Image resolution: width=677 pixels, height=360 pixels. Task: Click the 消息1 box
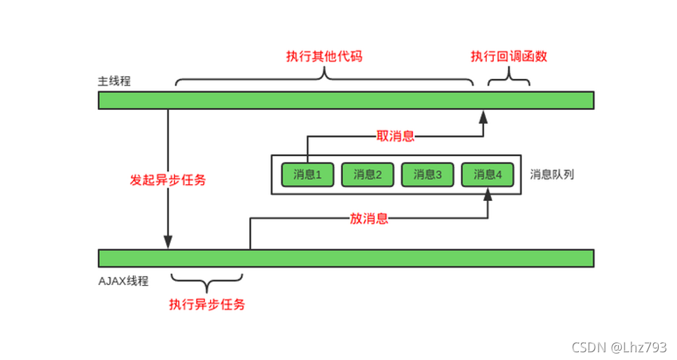click(306, 175)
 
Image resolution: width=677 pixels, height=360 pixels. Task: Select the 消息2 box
click(367, 175)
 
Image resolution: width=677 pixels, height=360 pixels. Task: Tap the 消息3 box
click(427, 175)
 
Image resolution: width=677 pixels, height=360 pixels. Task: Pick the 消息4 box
click(487, 175)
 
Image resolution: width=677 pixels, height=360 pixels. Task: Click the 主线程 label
click(114, 81)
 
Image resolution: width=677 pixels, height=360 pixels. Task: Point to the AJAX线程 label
click(123, 281)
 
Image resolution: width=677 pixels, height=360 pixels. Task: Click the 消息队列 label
click(552, 174)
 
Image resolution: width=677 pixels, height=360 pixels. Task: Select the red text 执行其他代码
click(324, 57)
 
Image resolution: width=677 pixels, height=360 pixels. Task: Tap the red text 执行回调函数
click(509, 57)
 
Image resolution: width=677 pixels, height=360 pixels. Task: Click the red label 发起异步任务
click(168, 180)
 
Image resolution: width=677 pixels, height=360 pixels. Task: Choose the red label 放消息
click(369, 219)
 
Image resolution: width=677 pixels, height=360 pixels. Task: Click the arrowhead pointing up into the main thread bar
click(482, 116)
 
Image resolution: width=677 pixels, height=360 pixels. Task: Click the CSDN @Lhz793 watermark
click(619, 347)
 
